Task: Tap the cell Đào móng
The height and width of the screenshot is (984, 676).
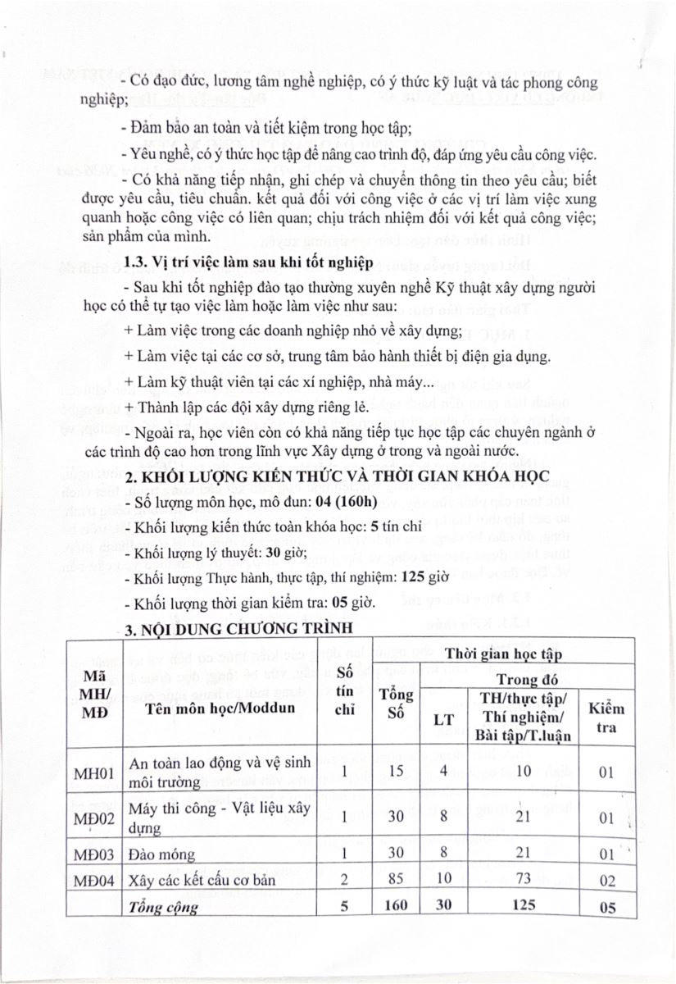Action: point(162,855)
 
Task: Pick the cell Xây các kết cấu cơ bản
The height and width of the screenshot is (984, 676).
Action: point(203,881)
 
